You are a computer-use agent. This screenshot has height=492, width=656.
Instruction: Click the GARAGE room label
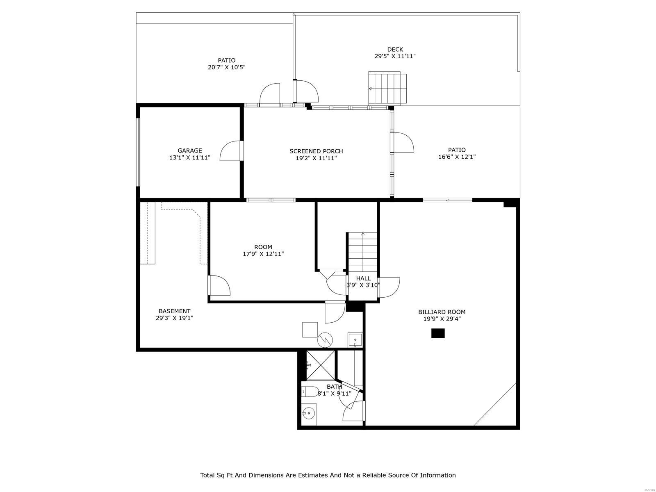(x=189, y=150)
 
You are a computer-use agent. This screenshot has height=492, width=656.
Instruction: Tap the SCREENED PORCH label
(x=316, y=151)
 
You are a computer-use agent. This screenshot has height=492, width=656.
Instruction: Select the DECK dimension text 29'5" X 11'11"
(x=395, y=56)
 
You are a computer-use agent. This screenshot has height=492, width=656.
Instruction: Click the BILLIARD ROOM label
(x=442, y=312)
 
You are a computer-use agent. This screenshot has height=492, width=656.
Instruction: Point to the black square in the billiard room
(x=438, y=333)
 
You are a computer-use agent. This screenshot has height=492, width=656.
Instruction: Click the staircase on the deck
(x=387, y=88)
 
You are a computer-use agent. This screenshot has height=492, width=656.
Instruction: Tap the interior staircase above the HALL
(x=362, y=251)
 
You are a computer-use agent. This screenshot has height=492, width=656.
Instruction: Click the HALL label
(x=363, y=278)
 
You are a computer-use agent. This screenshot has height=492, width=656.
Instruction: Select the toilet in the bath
(x=310, y=391)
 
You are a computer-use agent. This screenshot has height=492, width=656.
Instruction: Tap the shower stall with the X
(x=321, y=365)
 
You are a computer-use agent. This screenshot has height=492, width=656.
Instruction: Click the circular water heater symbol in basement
(x=325, y=339)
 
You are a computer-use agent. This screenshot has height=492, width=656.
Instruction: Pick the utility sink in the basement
(x=355, y=340)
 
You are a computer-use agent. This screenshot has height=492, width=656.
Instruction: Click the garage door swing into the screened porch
(x=232, y=151)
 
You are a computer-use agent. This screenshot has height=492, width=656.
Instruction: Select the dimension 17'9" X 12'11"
(x=263, y=254)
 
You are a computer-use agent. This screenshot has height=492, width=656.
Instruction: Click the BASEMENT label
(x=174, y=311)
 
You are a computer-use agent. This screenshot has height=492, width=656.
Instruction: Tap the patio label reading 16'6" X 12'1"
(x=457, y=157)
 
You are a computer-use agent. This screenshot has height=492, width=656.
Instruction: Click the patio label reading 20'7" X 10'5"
(x=226, y=67)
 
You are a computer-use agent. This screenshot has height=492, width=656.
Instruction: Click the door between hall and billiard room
(x=389, y=287)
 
